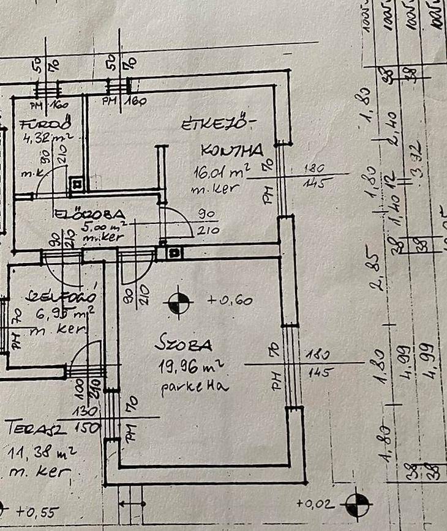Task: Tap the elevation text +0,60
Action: pyautogui.click(x=230, y=300)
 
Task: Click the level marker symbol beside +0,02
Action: pyautogui.click(x=357, y=505)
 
